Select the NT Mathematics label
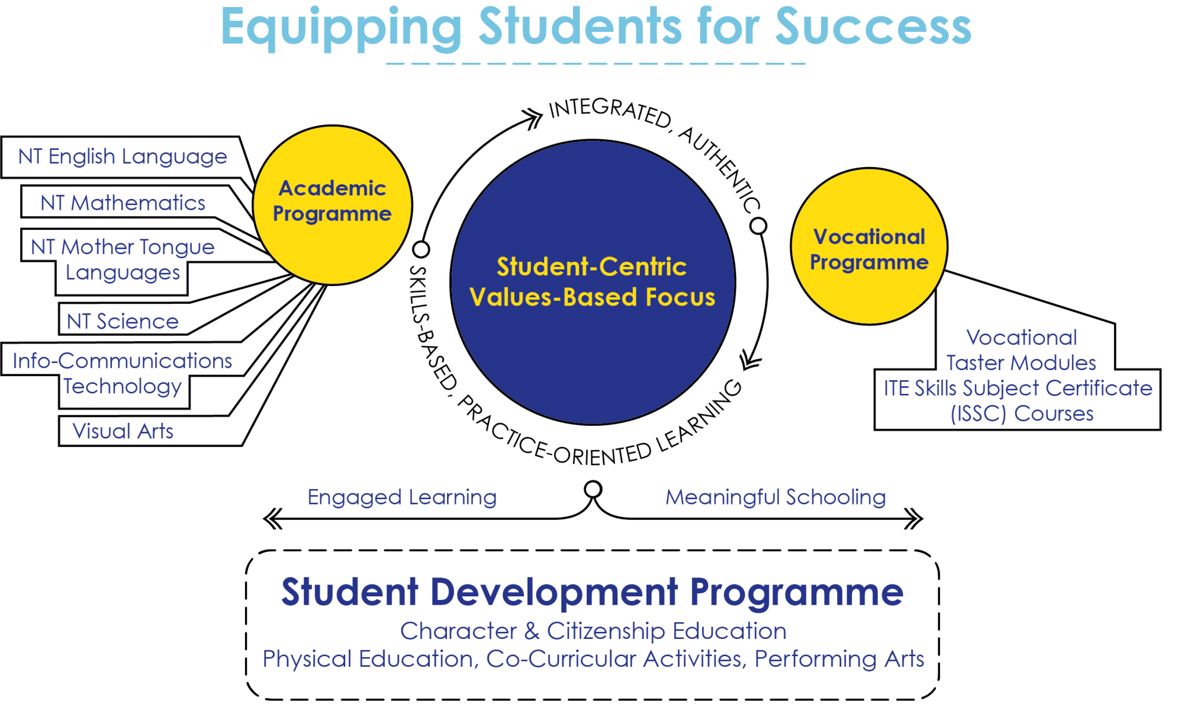[x=123, y=203]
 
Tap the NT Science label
[x=123, y=321]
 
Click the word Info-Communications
[x=122, y=361]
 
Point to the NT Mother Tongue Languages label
[x=123, y=259]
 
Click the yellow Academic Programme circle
[x=333, y=205]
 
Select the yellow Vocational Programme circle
[x=869, y=246]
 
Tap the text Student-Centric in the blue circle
[x=591, y=266]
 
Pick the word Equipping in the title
[x=341, y=28]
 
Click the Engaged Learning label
[x=402, y=497]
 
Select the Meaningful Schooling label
[x=776, y=497]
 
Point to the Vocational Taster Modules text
[x=1021, y=350]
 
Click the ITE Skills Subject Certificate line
[x=1018, y=388]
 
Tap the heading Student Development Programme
[x=592, y=592]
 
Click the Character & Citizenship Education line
[x=593, y=631]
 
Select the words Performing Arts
[x=839, y=659]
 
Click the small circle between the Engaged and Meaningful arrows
[x=593, y=490]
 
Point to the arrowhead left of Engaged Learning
[x=272, y=519]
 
